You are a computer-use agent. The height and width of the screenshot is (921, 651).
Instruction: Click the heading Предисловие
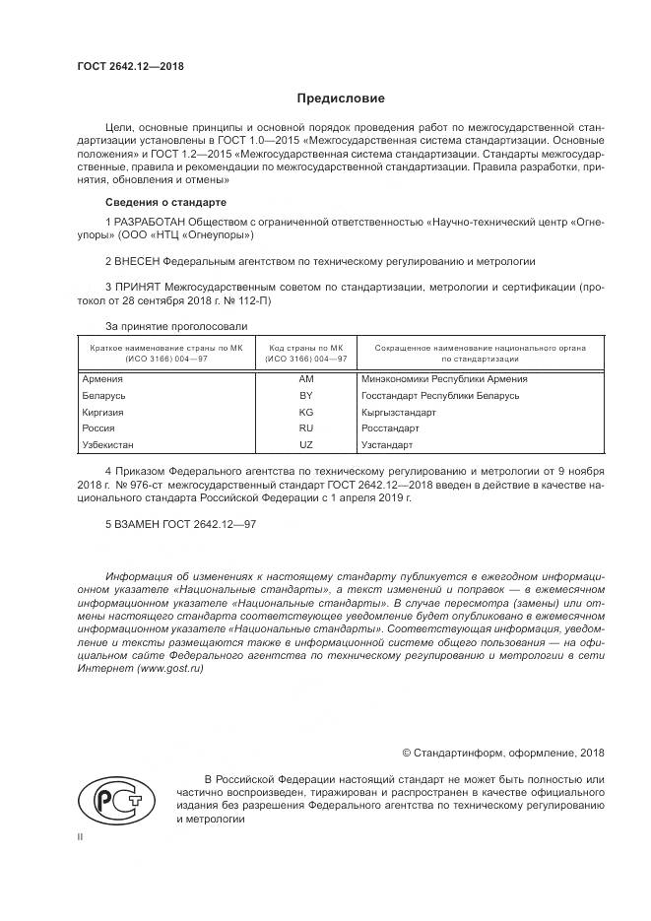click(x=341, y=99)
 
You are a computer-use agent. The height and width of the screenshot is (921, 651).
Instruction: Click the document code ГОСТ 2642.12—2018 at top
click(x=130, y=67)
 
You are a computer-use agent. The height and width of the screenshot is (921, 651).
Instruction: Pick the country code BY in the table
click(x=305, y=395)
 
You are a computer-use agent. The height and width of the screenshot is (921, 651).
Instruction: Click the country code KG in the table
click(x=305, y=412)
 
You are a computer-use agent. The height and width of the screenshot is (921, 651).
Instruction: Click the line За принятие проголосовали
click(x=174, y=325)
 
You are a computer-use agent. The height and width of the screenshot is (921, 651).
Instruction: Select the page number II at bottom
click(x=80, y=836)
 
